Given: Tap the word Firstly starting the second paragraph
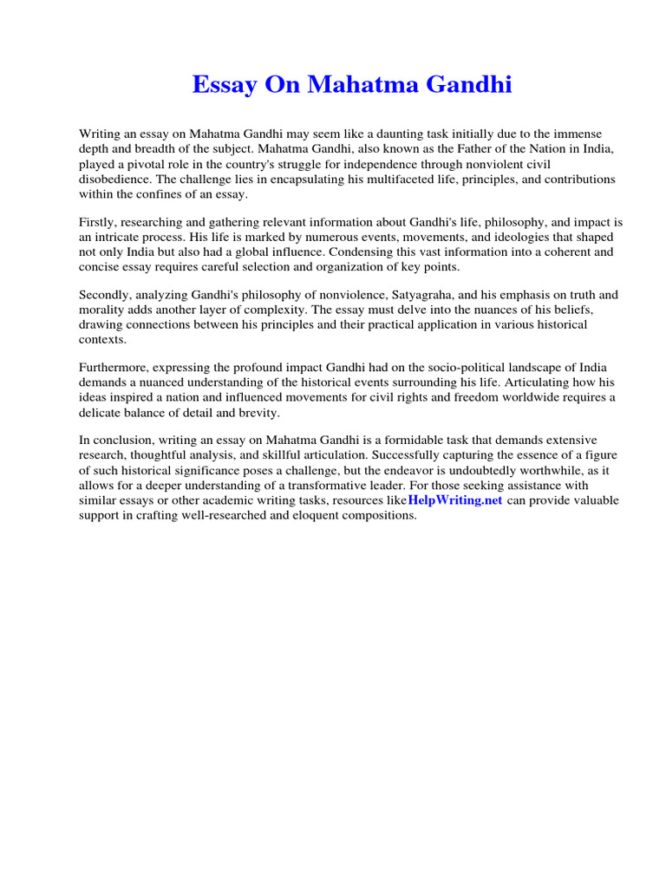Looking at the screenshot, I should coord(100,224).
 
